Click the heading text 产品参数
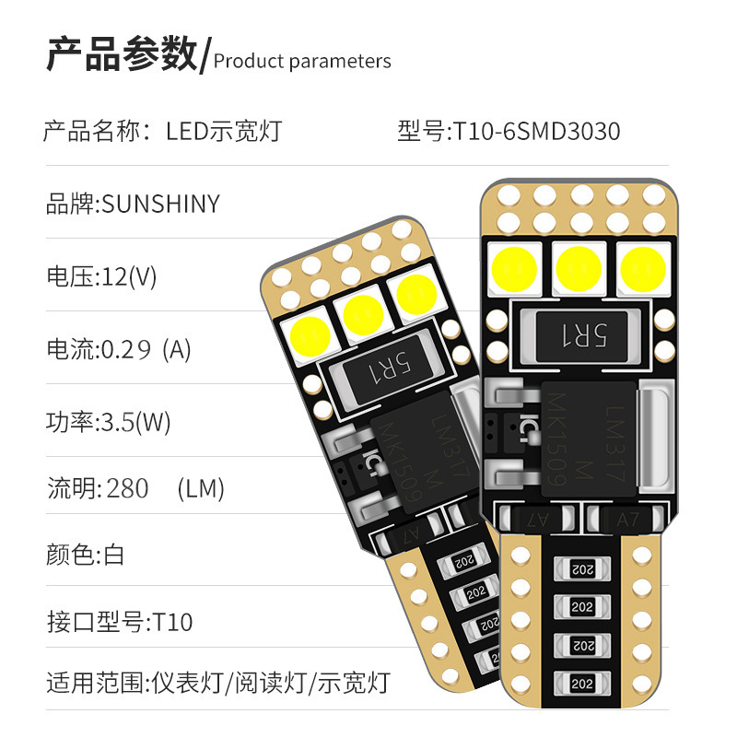click(122, 55)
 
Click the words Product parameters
click(302, 62)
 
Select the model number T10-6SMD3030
click(535, 132)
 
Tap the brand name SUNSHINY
click(160, 204)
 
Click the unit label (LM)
click(201, 488)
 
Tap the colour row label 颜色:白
click(85, 555)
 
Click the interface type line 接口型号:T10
click(120, 622)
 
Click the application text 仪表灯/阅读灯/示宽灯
click(269, 684)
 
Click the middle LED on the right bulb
click(579, 265)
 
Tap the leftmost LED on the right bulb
click(515, 265)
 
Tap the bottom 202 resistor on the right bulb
click(581, 684)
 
